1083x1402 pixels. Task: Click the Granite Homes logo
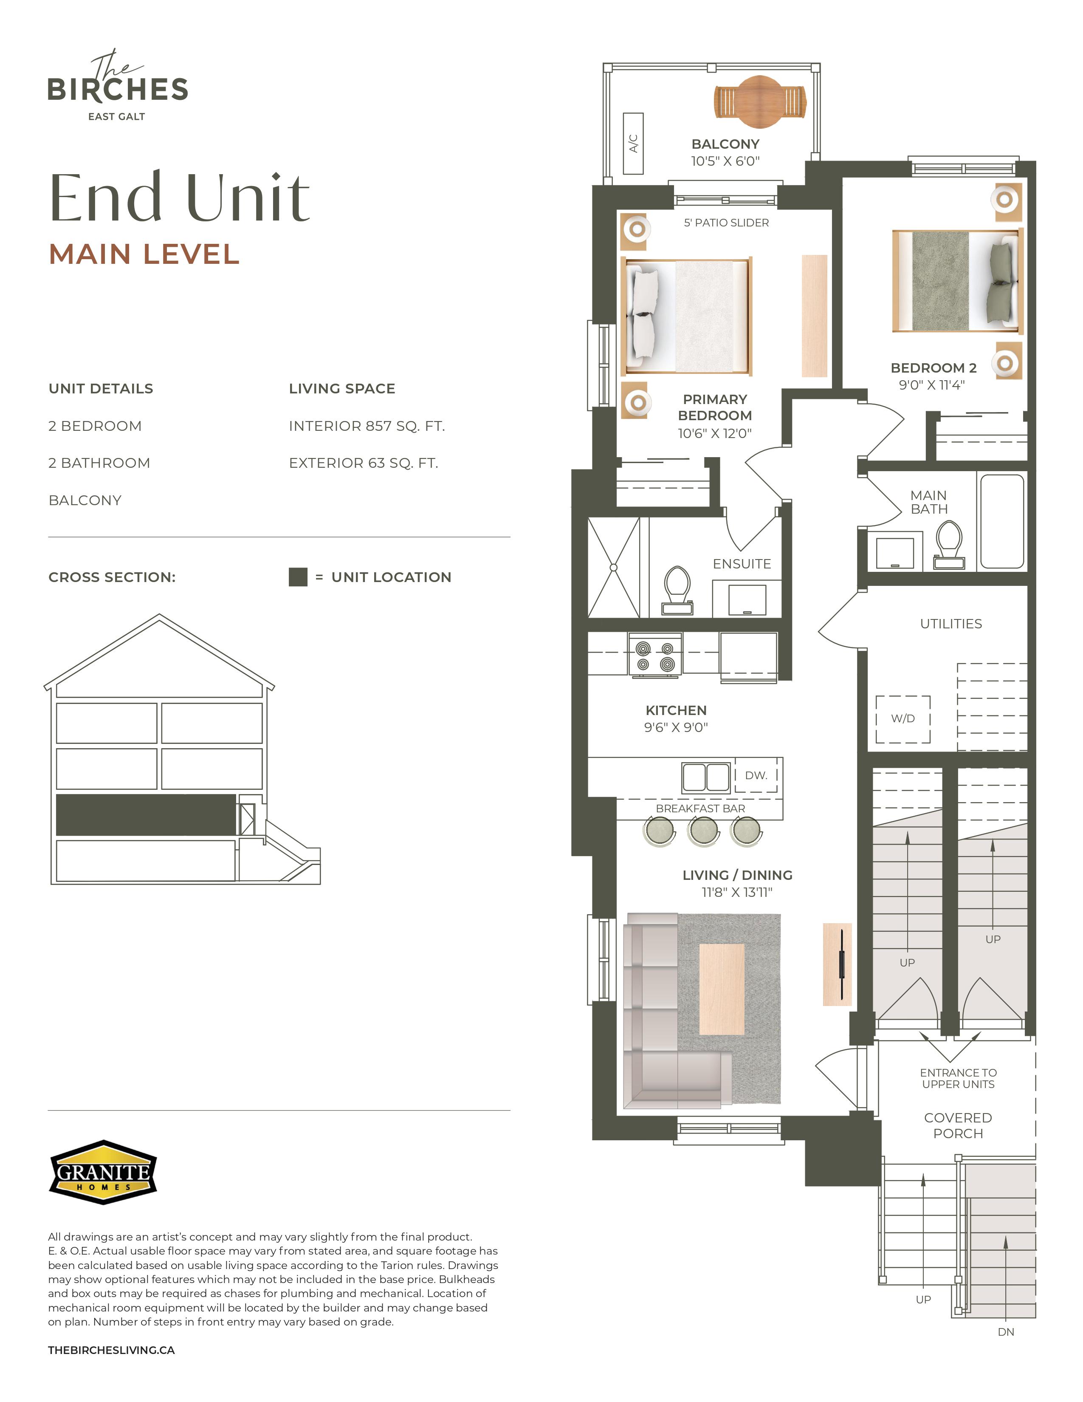click(103, 1172)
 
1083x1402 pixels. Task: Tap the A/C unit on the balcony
click(633, 143)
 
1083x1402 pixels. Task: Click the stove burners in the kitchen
click(655, 656)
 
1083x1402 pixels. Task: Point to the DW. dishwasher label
click(756, 775)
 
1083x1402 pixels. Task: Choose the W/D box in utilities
click(903, 719)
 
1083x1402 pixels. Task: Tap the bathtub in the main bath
click(1001, 521)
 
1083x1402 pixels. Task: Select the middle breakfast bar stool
click(703, 831)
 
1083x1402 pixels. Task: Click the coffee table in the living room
click(722, 989)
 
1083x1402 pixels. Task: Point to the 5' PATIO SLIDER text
click(726, 223)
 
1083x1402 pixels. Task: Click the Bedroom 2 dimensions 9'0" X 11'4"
click(931, 385)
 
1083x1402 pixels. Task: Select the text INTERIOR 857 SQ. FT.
click(367, 426)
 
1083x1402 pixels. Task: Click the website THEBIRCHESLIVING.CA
click(111, 1350)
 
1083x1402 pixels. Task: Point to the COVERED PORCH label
click(958, 1125)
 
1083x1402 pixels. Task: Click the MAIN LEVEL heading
click(144, 254)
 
